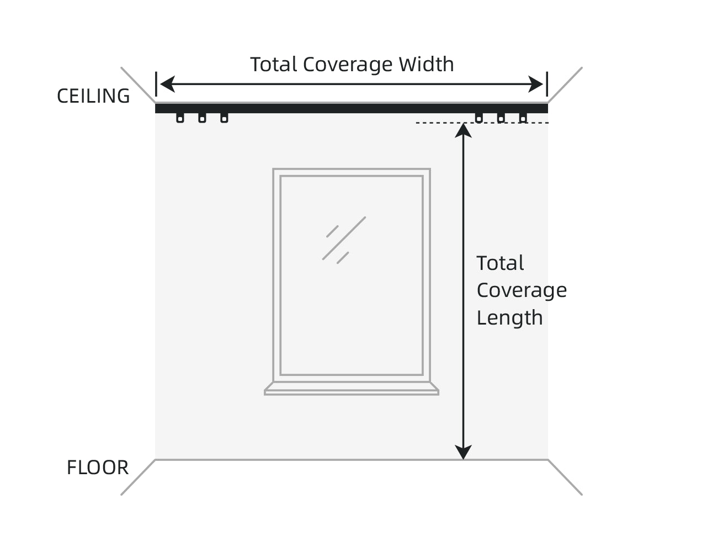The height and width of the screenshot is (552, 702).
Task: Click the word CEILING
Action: point(93,96)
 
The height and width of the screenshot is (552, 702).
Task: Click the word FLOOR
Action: point(98,468)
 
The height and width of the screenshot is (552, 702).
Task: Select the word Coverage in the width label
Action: point(348,65)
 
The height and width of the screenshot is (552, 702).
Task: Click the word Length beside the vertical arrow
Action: point(509,318)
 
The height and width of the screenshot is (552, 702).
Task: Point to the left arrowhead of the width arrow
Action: point(166,84)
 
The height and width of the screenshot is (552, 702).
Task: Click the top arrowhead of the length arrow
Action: point(464,130)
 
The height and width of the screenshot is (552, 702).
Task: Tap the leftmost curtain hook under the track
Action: point(180,118)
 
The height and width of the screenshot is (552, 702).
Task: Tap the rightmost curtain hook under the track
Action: point(523,118)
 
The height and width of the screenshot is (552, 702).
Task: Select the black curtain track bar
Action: point(351,108)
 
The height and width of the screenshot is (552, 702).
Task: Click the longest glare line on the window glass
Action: point(344,238)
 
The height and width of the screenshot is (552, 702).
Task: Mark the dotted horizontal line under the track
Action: point(442,123)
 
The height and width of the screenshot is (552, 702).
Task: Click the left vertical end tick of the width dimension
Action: point(156,84)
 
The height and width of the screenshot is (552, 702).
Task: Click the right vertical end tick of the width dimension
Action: point(547,84)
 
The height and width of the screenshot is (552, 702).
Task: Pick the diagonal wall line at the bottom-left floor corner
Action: point(138,477)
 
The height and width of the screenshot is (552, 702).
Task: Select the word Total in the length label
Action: point(500,263)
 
